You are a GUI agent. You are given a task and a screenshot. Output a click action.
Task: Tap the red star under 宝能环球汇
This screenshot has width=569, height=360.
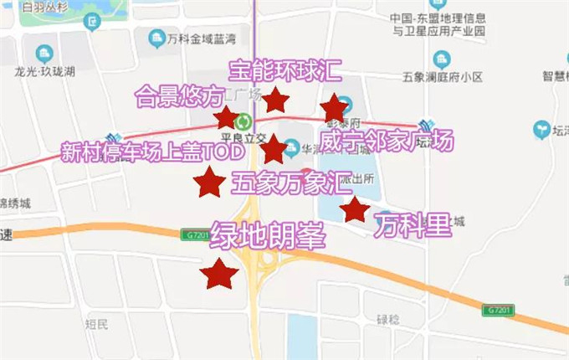click(275, 100)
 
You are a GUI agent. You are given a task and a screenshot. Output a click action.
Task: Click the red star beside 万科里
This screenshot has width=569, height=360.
click(356, 210)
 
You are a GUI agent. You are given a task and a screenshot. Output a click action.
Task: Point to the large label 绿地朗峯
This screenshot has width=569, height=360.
click(267, 234)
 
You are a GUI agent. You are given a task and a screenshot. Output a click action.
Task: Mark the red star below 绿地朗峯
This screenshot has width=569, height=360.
click(220, 273)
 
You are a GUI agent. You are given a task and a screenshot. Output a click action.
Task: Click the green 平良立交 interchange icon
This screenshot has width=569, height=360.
click(244, 121)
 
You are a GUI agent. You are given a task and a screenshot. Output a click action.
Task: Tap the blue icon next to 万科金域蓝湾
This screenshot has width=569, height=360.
click(155, 38)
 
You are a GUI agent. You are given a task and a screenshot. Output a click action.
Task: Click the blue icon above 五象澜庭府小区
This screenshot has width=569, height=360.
click(442, 59)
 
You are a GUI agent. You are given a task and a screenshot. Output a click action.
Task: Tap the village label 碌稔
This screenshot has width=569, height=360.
click(389, 319)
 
